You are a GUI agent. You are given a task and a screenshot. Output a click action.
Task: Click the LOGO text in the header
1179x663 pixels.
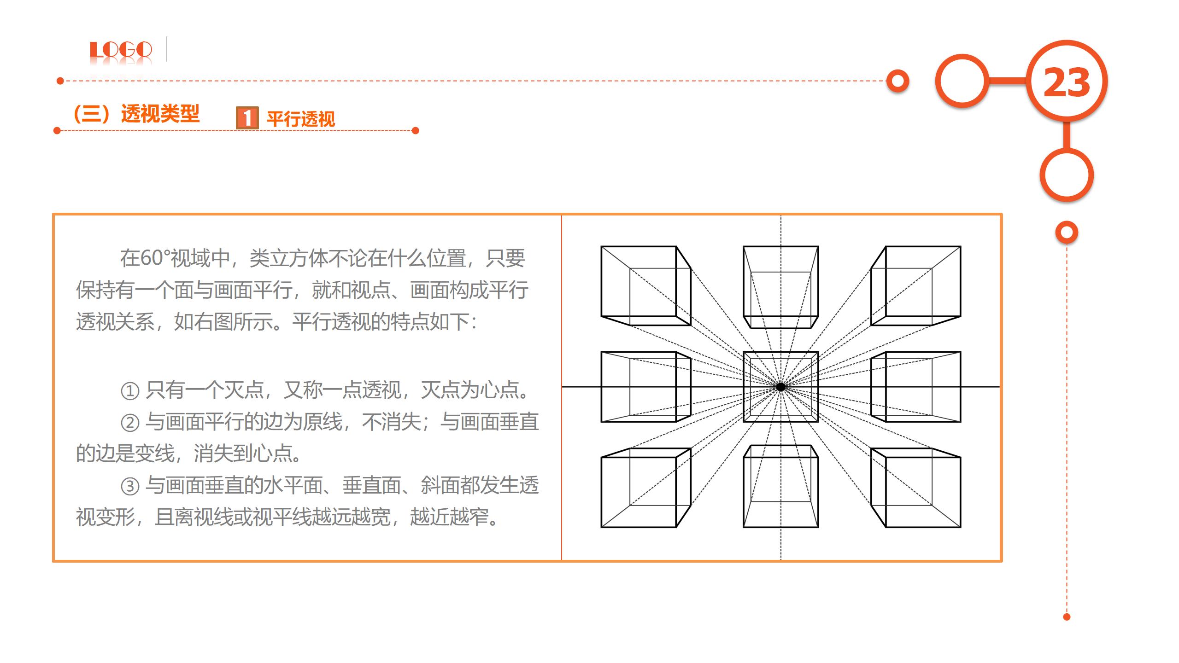pyautogui.click(x=121, y=50)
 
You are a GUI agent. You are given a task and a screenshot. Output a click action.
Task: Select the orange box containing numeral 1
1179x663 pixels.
pyautogui.click(x=247, y=118)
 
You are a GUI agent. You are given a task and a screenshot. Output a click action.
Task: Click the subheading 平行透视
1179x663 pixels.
pyautogui.click(x=301, y=119)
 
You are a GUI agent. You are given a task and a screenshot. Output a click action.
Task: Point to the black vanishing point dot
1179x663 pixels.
pyautogui.click(x=780, y=387)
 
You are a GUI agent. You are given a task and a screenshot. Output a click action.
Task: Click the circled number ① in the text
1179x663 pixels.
pyautogui.click(x=130, y=391)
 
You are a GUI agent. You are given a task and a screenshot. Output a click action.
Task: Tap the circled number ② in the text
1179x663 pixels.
pyautogui.click(x=130, y=423)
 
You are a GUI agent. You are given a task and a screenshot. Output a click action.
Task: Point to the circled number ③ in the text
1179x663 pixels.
pyautogui.click(x=130, y=486)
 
